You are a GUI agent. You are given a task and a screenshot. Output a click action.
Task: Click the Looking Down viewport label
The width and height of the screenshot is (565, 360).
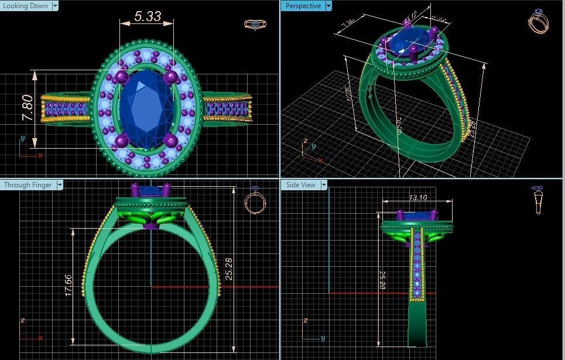click(x=26, y=6)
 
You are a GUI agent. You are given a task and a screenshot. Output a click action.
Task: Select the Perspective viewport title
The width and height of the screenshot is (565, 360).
click(x=303, y=6)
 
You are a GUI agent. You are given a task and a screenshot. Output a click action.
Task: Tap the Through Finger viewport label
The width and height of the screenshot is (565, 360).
click(x=28, y=185)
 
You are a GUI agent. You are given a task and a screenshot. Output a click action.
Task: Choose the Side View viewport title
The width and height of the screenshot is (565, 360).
click(x=301, y=185)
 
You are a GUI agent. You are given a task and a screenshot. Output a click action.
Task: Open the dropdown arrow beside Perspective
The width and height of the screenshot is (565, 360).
click(x=328, y=6)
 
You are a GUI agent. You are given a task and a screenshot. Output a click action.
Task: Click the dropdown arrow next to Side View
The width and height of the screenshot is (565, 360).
click(x=323, y=185)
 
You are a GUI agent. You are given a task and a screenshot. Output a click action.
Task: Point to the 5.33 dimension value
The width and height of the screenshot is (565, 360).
click(x=147, y=16)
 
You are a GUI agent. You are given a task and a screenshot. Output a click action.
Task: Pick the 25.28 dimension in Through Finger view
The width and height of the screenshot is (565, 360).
click(x=229, y=269)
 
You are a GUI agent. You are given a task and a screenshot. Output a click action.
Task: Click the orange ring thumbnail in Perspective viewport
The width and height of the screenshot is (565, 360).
click(x=537, y=22)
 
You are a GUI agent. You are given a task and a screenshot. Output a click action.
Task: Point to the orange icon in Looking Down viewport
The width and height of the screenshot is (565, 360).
click(x=253, y=25)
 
